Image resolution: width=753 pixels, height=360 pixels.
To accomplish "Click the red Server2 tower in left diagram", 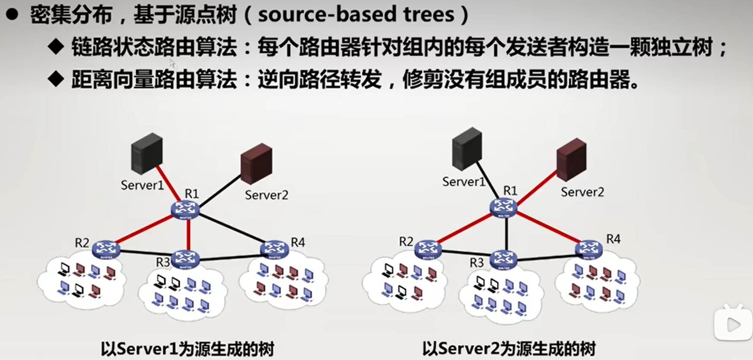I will coord(256,163).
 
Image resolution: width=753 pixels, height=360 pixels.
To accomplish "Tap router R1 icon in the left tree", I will coord(185,210).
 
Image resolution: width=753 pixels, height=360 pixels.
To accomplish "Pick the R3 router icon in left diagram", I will coord(185,259).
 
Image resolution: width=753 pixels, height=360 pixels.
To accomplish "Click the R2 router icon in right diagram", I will coord(428,249).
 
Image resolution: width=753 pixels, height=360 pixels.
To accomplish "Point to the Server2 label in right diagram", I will coord(582,192).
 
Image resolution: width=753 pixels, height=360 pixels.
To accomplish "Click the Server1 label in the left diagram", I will coord(142,185).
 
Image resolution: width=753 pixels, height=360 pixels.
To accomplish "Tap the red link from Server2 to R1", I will coord(537,188).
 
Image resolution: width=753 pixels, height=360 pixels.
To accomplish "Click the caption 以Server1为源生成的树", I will coord(187,348).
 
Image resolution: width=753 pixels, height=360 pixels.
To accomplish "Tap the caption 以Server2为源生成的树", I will coord(509,348).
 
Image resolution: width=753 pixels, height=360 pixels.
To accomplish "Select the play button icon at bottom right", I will coord(733,324).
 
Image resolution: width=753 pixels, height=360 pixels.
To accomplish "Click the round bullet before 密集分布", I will coord(12,15).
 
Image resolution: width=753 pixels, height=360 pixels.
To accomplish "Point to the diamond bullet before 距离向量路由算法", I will coord(56,79).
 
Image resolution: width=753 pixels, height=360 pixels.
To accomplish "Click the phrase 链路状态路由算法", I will coord(154,47).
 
